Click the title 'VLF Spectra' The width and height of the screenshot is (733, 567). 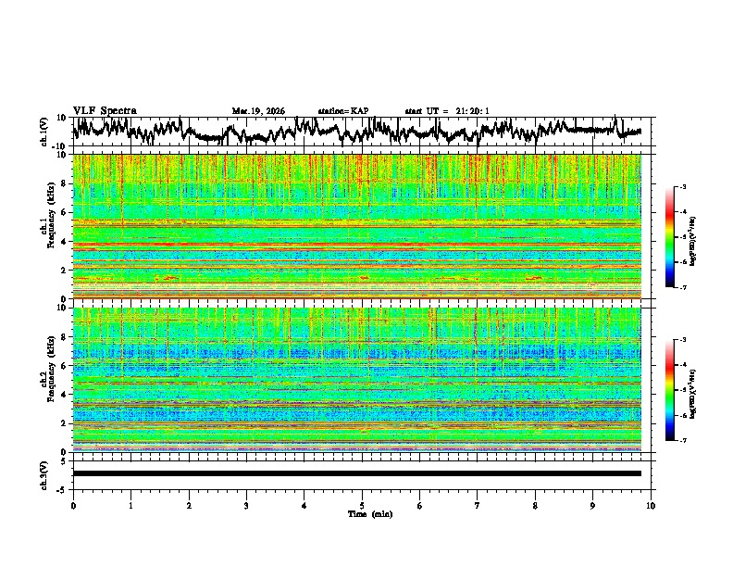(x=105, y=111)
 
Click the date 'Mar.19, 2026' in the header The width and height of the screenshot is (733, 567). (x=258, y=111)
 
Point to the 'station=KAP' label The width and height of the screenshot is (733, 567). (x=343, y=111)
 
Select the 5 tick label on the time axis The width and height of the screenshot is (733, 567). (x=362, y=505)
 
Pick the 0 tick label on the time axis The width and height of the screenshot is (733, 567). (x=73, y=505)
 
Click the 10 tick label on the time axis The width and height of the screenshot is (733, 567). (x=651, y=505)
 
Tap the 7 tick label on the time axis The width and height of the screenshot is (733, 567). (x=478, y=505)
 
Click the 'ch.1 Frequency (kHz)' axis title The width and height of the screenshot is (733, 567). (x=46, y=226)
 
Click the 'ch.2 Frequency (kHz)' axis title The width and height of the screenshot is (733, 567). (x=46, y=379)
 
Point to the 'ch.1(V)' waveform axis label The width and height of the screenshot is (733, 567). (x=43, y=132)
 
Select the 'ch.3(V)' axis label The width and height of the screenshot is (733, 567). (x=43, y=473)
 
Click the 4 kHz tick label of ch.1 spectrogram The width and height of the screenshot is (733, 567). (x=64, y=241)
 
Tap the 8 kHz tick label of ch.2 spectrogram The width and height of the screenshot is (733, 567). (x=64, y=336)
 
